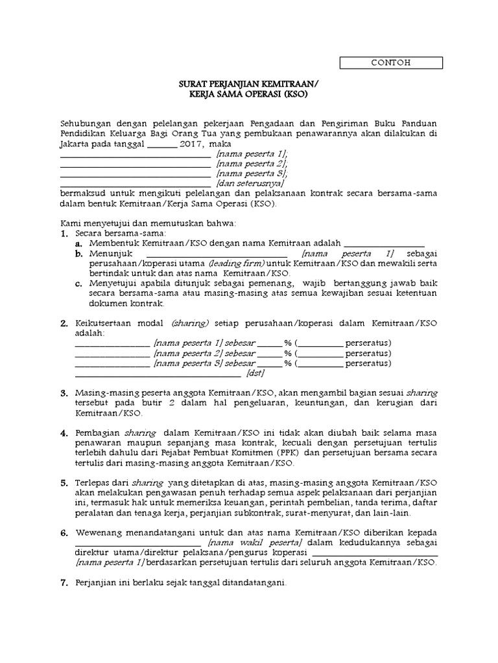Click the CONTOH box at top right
[391, 63]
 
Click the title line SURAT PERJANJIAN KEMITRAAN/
[249, 84]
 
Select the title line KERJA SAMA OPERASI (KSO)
[249, 94]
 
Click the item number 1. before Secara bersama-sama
[64, 232]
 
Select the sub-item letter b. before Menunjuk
[78, 253]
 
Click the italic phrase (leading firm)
[237, 264]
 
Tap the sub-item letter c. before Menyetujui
[78, 284]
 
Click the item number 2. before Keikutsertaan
[64, 323]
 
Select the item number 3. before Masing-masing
[64, 393]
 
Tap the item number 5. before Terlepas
[64, 483]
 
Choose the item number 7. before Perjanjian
[64, 583]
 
